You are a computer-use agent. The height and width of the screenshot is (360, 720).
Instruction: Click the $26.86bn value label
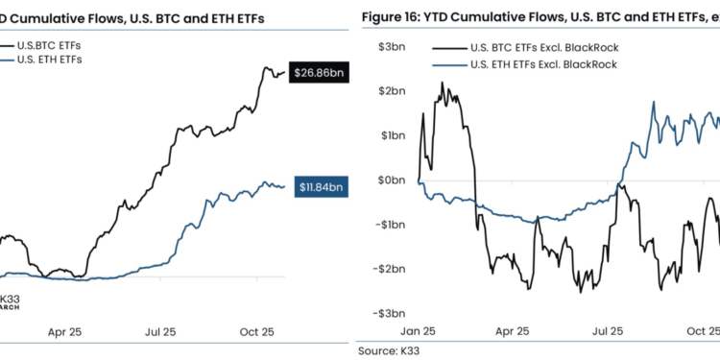(x=319, y=73)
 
